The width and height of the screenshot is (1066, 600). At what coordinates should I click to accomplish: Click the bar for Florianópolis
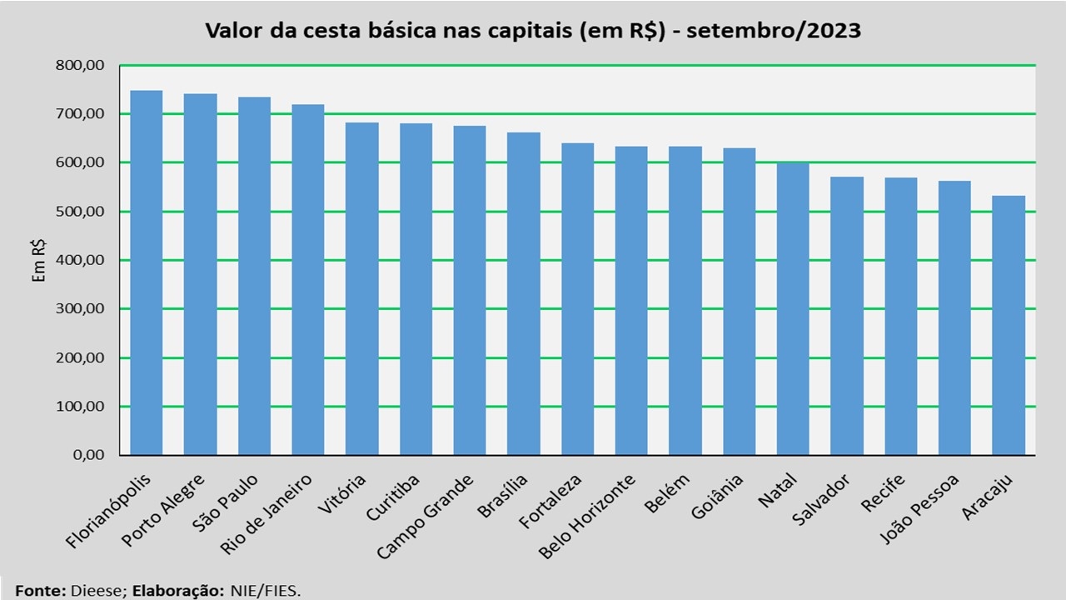tap(146, 272)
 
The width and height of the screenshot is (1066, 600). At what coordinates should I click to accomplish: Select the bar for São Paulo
tap(254, 276)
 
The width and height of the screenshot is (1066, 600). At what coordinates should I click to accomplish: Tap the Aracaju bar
tap(1009, 325)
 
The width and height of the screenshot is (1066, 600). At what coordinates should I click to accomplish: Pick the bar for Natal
tap(793, 309)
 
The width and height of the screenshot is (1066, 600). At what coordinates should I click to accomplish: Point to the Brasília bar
tap(524, 294)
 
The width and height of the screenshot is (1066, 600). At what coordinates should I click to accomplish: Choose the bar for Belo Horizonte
tap(631, 301)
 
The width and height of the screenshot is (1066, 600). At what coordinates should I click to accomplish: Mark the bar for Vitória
tap(361, 289)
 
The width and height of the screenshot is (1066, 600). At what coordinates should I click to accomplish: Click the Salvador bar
tap(847, 316)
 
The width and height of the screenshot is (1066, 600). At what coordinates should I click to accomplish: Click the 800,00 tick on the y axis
tap(80, 65)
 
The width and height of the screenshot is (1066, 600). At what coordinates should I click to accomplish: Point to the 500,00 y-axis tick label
tap(80, 212)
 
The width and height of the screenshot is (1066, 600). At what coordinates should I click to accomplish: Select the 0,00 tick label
tap(88, 455)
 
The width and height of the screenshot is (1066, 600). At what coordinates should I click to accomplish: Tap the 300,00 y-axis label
tap(80, 308)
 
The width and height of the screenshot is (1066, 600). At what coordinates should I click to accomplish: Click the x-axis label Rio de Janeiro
tap(266, 514)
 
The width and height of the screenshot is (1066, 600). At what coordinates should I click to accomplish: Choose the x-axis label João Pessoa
tap(919, 509)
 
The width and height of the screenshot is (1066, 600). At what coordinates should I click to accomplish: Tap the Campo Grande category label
tap(425, 517)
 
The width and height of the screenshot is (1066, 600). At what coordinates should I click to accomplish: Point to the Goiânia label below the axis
tap(717, 497)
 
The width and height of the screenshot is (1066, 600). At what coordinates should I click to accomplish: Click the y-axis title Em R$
tap(38, 261)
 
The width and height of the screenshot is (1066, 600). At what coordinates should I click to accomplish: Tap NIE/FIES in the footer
tap(266, 591)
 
